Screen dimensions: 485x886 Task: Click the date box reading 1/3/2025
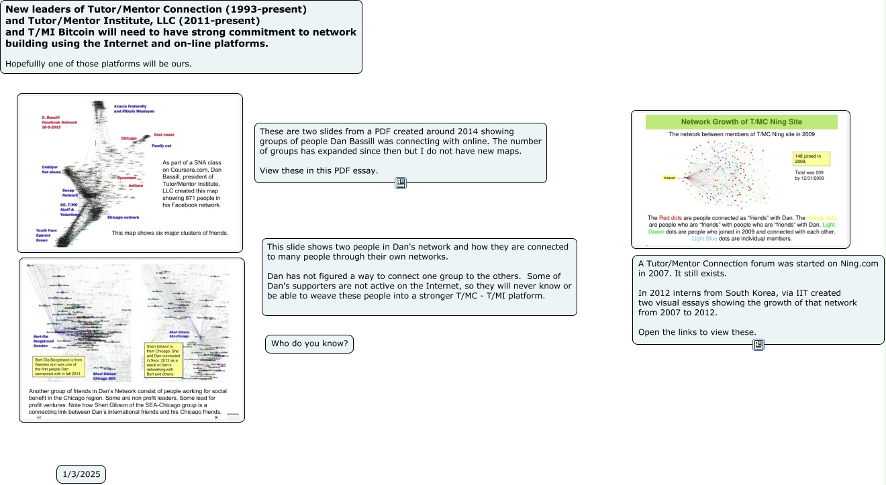coord(81,474)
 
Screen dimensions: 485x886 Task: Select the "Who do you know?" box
coord(309,344)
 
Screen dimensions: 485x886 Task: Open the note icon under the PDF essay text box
coord(401,183)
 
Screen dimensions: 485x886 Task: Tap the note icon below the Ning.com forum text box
coord(758,345)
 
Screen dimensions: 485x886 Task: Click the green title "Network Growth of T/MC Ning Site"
coord(741,122)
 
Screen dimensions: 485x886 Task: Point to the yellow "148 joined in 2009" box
coord(811,158)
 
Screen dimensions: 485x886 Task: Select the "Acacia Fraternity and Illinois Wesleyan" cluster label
coord(134,109)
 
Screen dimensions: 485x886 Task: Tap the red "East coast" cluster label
coord(164,135)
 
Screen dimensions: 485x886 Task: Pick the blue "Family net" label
coord(161,146)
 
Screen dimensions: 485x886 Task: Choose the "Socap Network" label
coord(70,193)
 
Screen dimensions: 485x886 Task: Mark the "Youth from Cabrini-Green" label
coord(48,234)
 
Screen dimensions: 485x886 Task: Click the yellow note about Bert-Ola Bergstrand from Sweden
coord(58,366)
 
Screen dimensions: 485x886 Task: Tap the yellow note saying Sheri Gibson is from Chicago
coord(164,360)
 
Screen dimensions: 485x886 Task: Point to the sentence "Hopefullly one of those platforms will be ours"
coord(99,64)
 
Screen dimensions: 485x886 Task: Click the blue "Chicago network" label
coord(123,217)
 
